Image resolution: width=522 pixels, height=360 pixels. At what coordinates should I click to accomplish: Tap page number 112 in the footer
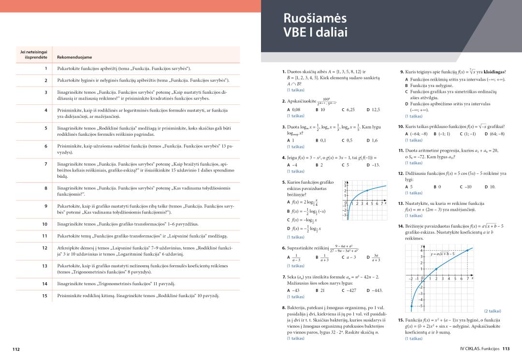click(x=17, y=349)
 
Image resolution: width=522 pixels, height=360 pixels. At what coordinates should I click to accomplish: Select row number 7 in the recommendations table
click(x=45, y=164)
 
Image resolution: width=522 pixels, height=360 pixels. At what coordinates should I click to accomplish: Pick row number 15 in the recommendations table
click(x=44, y=295)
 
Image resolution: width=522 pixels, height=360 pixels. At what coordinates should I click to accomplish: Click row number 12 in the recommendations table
click(x=44, y=248)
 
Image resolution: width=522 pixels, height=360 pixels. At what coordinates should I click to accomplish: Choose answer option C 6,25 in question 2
click(x=348, y=110)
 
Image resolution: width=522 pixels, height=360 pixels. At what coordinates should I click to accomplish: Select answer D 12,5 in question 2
click(x=373, y=110)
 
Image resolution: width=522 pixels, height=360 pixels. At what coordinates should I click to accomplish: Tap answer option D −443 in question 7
click(x=375, y=290)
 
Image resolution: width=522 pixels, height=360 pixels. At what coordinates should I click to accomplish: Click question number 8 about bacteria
click(x=284, y=308)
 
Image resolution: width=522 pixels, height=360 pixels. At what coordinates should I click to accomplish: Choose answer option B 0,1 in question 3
click(x=320, y=140)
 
